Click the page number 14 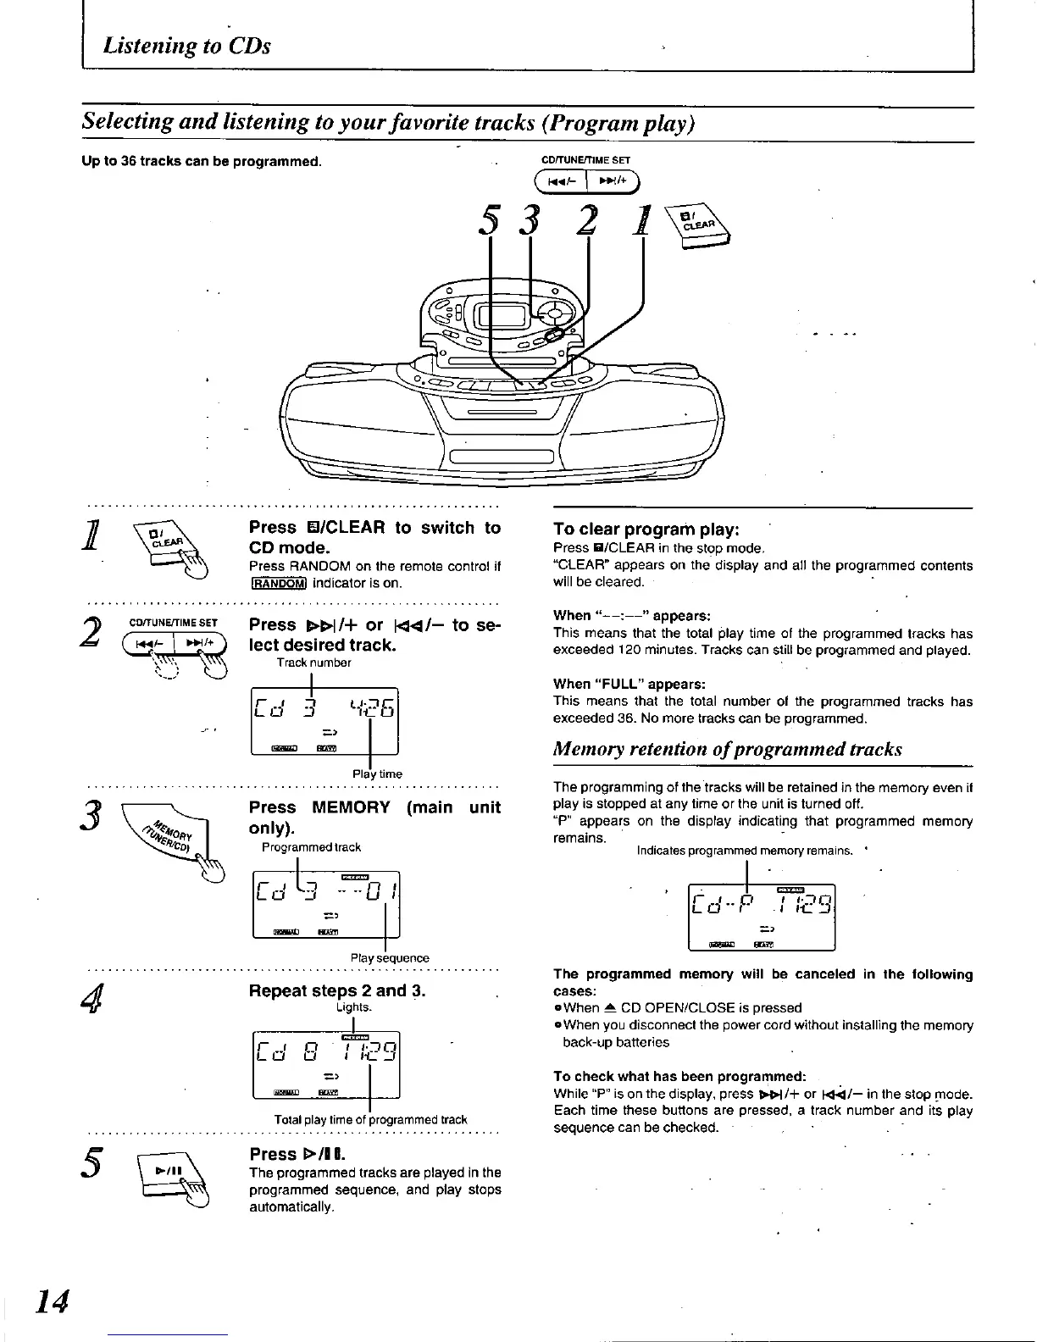[52, 1300]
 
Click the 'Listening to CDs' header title [186, 45]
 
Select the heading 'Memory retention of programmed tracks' [727, 749]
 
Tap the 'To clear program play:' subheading [646, 530]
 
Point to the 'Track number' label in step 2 [313, 663]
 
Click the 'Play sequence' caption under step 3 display [390, 957]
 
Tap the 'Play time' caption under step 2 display [377, 774]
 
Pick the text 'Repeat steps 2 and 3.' [337, 990]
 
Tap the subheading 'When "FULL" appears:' [629, 684]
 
